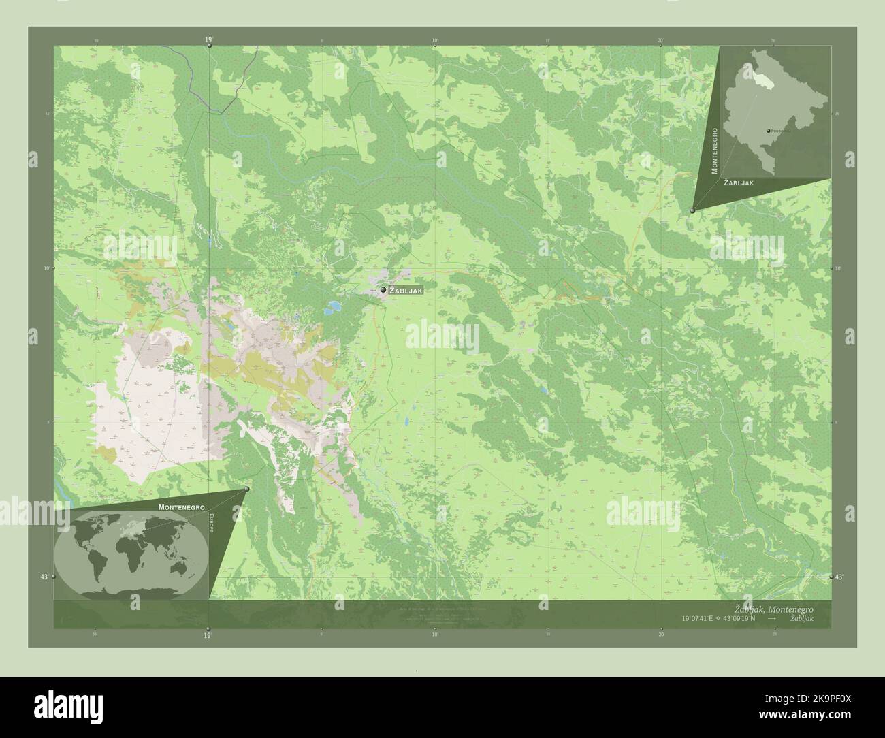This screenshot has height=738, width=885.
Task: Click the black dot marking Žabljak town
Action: [x=383, y=290]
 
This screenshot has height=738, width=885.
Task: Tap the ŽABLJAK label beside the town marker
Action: [x=406, y=291]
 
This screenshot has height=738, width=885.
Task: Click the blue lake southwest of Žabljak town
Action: [x=334, y=308]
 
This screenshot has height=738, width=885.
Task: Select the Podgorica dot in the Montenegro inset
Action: [x=769, y=130]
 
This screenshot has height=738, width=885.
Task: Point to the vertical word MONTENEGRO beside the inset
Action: [x=714, y=150]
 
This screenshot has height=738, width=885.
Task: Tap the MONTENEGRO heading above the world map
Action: [x=180, y=507]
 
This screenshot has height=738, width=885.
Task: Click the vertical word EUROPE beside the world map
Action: [x=211, y=524]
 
